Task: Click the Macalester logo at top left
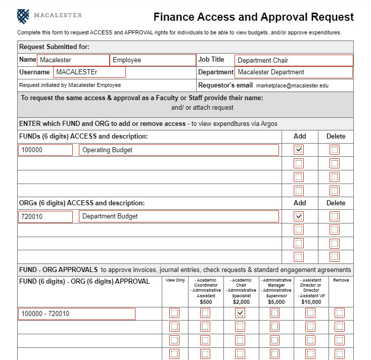click(x=23, y=16)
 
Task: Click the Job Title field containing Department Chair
click(x=293, y=60)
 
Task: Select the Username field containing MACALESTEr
click(x=89, y=72)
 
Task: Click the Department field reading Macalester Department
click(x=293, y=72)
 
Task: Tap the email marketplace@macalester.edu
click(x=292, y=85)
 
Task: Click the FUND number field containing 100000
click(x=45, y=150)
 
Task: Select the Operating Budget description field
click(x=178, y=150)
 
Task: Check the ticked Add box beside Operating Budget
click(x=299, y=150)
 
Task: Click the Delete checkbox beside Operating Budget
click(x=335, y=150)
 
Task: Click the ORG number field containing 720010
click(x=45, y=216)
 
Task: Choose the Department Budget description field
click(x=178, y=216)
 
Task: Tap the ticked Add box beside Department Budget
click(x=299, y=216)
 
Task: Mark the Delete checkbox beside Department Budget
click(x=335, y=216)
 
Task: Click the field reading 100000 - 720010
click(x=77, y=314)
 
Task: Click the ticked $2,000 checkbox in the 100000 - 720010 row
click(x=240, y=313)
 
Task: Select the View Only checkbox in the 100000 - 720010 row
click(x=174, y=313)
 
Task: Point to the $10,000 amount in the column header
click(x=310, y=302)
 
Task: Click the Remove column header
click(x=340, y=280)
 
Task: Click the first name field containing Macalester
click(x=73, y=60)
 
